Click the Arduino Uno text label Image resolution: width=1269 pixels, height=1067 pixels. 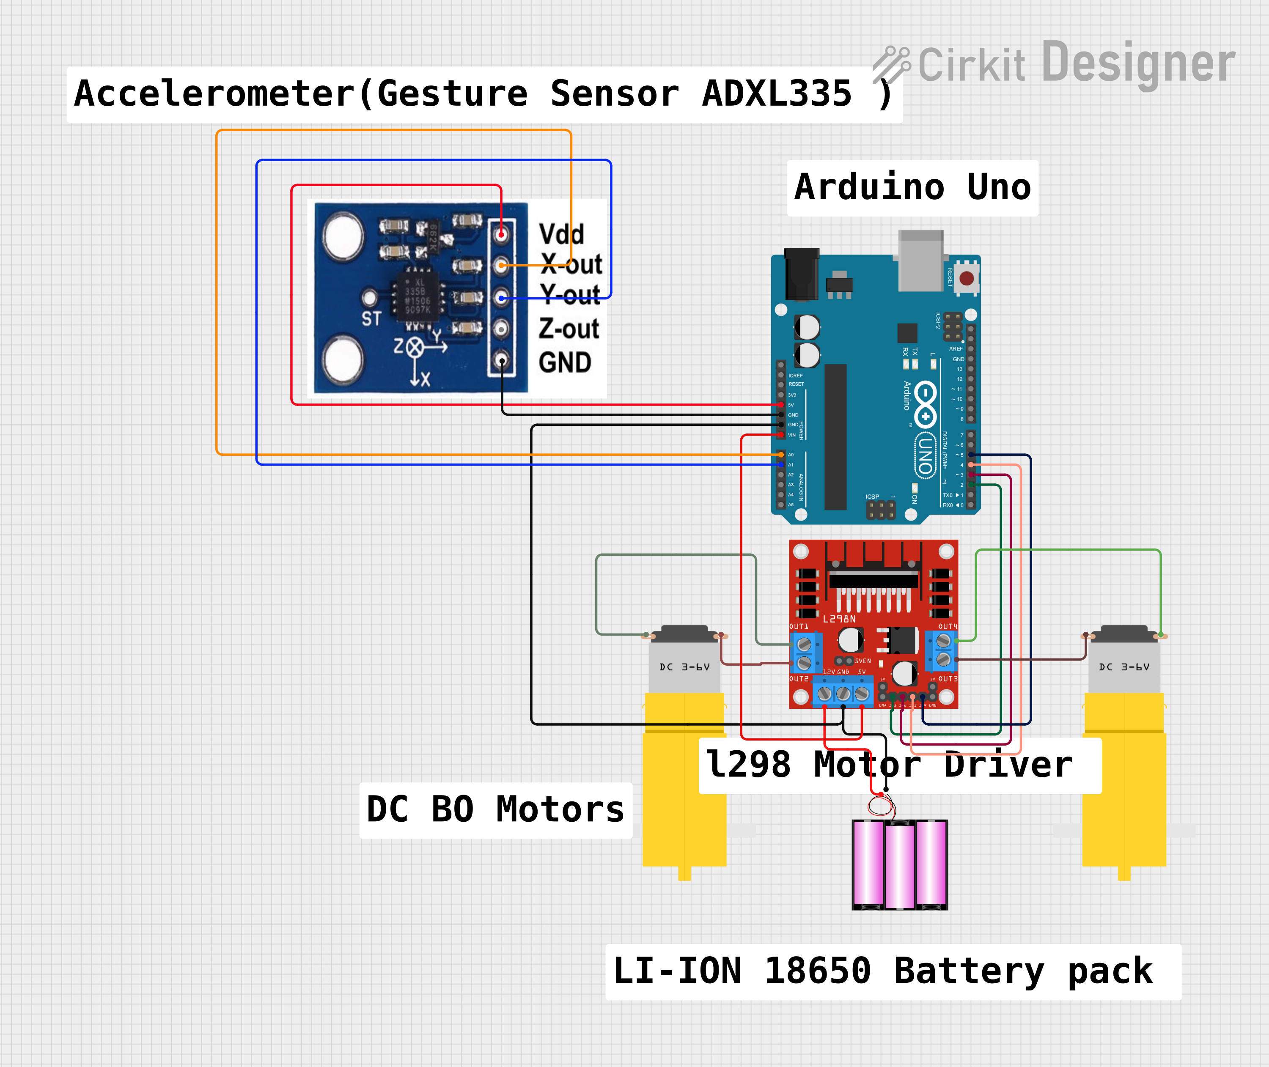[x=912, y=187]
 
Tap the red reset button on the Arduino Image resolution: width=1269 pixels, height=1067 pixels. [x=967, y=278]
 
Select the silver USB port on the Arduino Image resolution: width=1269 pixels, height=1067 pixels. [x=920, y=260]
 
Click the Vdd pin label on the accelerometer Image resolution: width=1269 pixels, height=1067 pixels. [x=561, y=234]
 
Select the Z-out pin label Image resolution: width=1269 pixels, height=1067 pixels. [x=569, y=329]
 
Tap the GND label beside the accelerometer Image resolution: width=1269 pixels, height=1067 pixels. [x=564, y=363]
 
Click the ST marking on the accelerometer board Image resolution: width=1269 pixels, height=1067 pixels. [x=371, y=319]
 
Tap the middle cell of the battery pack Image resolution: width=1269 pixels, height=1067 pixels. [x=899, y=864]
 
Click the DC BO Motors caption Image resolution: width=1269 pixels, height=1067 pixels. [x=495, y=810]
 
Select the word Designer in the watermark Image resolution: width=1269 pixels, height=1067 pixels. [x=1138, y=63]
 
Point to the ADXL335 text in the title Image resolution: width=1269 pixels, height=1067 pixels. [x=777, y=94]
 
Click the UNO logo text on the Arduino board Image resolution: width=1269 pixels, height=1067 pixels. [x=925, y=455]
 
